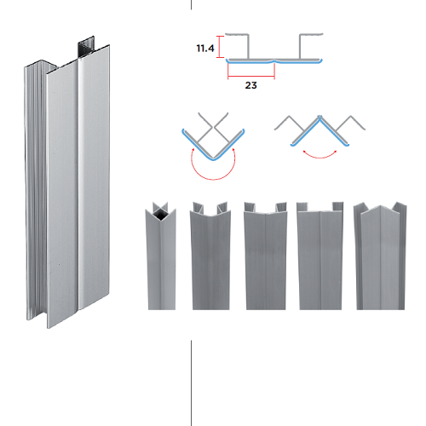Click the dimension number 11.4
[x=205, y=49]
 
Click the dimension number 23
[x=251, y=85]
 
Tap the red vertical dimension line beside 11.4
[x=220, y=47]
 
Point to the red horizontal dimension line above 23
[x=251, y=76]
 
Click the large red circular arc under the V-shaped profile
[x=213, y=179]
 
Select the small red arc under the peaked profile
[x=319, y=157]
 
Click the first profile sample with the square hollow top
[x=161, y=256]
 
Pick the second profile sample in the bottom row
[x=210, y=256]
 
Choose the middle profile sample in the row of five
[x=266, y=256]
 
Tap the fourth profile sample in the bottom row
[x=320, y=256]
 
